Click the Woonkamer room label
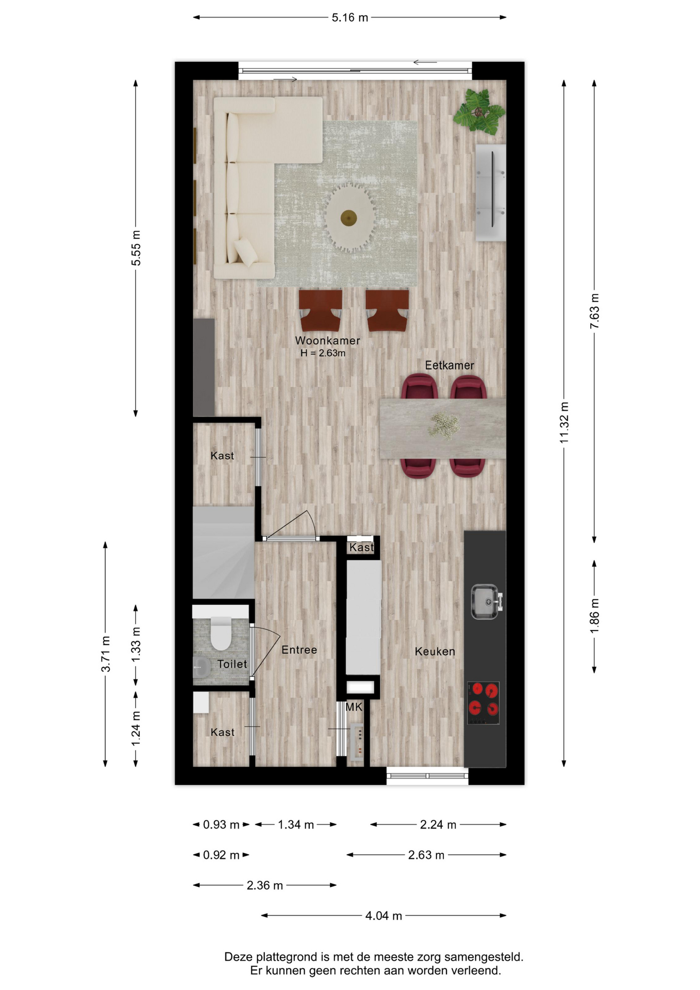tap(327, 341)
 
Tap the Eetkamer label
tap(449, 366)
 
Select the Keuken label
tap(435, 652)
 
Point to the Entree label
tap(299, 650)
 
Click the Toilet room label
tap(232, 664)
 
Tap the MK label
tap(354, 707)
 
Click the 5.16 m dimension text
tap(350, 18)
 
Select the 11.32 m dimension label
tap(564, 422)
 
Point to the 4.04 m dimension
tap(384, 916)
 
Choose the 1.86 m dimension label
tap(594, 616)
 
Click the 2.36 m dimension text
tap(264, 885)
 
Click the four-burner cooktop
tap(484, 703)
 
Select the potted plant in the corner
tap(479, 111)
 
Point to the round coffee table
tap(349, 218)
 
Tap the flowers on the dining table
tap(443, 426)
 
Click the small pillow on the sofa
tap(246, 252)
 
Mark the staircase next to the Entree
tap(224, 553)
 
